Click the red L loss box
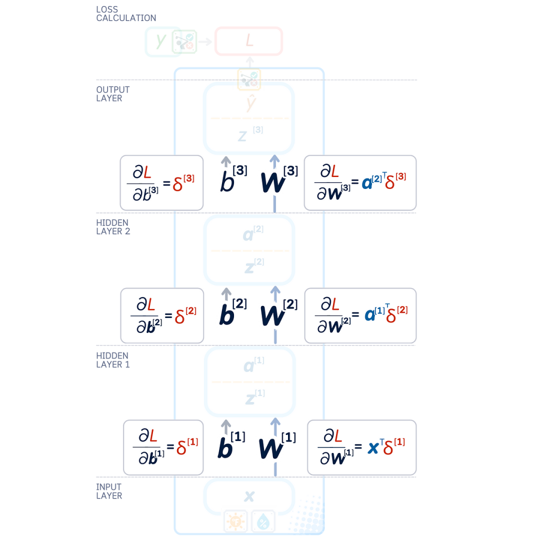(x=248, y=41)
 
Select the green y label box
(x=160, y=41)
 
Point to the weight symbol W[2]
(x=278, y=312)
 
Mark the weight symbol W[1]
(x=276, y=445)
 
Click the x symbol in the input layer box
(x=248, y=496)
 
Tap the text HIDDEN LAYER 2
(x=113, y=226)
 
